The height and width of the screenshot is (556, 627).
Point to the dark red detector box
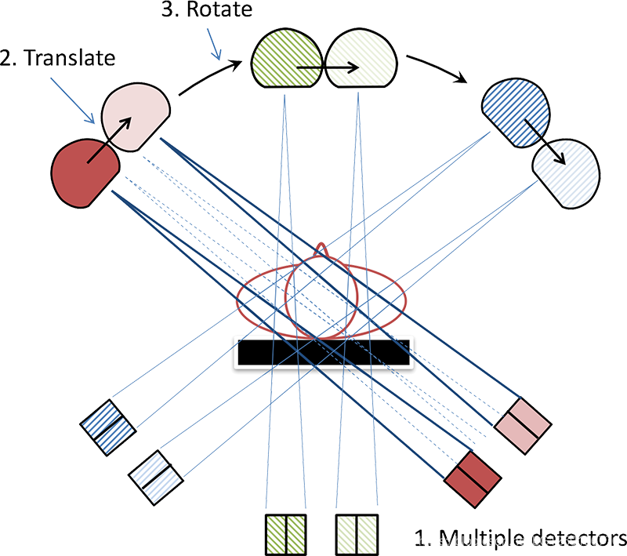coord(473,473)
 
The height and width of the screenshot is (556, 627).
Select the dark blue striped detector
coord(109,425)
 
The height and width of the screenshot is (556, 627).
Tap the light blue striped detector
coord(157,474)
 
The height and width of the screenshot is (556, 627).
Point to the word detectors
coord(576,539)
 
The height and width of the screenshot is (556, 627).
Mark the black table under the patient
coord(322,354)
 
